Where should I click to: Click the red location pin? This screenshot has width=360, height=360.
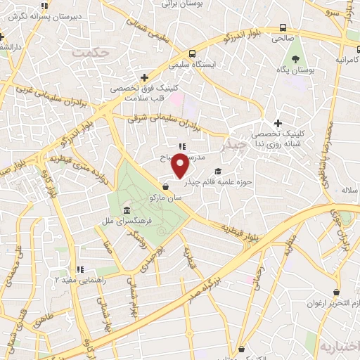click(x=181, y=166)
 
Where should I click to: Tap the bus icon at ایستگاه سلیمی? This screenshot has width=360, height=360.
click(x=192, y=53)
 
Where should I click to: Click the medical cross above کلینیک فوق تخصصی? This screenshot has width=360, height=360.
click(x=144, y=77)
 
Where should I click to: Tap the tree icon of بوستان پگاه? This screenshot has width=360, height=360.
click(x=296, y=59)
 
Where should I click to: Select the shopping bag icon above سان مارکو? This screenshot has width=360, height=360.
click(x=165, y=187)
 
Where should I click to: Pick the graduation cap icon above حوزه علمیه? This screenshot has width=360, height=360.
click(x=217, y=171)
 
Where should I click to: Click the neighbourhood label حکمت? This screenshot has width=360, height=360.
click(x=96, y=53)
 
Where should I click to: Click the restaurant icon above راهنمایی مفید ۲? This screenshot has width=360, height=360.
click(x=80, y=269)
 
